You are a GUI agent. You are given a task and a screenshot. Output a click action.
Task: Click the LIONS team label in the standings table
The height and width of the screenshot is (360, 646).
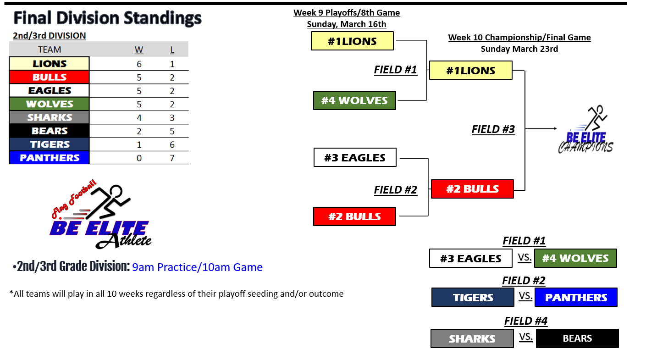[50, 63]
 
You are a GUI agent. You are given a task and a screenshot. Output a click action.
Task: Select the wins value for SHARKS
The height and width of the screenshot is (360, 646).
[139, 118]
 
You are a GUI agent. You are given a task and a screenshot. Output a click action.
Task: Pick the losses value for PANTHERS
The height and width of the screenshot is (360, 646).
[172, 158]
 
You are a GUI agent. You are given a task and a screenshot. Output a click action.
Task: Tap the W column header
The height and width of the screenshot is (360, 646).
[139, 50]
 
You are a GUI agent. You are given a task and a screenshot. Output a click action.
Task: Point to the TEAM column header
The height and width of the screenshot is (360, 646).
[50, 50]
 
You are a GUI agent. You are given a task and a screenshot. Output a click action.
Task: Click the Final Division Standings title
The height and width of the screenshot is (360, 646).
[108, 18]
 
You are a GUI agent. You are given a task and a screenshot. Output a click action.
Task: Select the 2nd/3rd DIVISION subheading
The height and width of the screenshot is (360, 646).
[50, 36]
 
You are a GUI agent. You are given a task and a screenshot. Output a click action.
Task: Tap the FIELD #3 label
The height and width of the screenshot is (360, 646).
[493, 129]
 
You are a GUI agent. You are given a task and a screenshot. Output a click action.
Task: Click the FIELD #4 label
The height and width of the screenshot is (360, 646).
[526, 321]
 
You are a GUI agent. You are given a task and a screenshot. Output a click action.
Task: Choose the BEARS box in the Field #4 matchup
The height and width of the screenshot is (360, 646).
[577, 338]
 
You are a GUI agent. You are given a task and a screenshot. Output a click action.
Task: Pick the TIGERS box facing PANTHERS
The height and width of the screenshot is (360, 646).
[473, 297]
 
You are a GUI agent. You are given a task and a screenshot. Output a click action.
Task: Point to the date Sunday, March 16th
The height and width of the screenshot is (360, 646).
[346, 24]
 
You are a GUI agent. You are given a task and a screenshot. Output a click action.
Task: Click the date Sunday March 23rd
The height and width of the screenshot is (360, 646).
[519, 49]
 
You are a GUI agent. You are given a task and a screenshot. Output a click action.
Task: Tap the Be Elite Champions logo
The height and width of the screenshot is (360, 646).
[586, 129]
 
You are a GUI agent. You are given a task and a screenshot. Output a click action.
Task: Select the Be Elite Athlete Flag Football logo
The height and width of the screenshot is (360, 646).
[101, 214]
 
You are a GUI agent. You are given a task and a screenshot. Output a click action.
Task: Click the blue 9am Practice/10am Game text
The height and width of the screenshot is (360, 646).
[197, 267]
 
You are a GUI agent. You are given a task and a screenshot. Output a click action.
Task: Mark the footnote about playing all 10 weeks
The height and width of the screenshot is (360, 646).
[176, 294]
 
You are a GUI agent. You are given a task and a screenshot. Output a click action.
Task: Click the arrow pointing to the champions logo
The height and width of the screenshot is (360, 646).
[541, 128]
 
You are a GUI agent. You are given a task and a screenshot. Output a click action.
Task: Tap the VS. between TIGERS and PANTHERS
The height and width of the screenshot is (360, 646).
[525, 296]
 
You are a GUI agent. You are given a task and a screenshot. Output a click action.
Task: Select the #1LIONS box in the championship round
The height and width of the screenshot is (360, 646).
[471, 70]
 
